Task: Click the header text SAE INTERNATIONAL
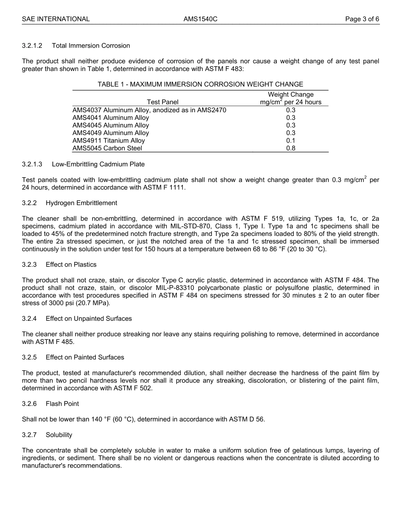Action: click(56, 19)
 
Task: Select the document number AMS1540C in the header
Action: click(200, 19)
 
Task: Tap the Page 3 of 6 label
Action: click(362, 19)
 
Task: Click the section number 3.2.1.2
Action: click(32, 46)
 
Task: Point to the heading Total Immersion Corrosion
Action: click(91, 46)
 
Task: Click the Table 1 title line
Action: click(200, 84)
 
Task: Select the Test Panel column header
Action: click(163, 102)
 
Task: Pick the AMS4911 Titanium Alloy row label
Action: click(108, 141)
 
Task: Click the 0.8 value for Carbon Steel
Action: click(290, 148)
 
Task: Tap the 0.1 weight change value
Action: click(290, 141)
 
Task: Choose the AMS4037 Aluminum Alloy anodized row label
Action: click(149, 110)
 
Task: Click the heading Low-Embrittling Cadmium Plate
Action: click(98, 164)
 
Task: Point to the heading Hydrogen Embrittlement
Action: click(81, 203)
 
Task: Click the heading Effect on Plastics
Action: click(71, 265)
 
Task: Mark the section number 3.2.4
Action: click(29, 319)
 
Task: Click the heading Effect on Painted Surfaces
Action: click(85, 357)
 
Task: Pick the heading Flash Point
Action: click(62, 404)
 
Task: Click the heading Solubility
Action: click(59, 435)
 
